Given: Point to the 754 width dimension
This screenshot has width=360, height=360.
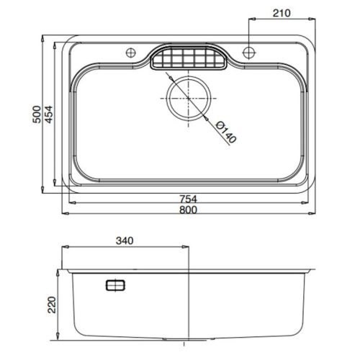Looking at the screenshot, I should pos(189,199).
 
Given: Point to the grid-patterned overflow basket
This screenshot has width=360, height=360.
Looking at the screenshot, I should pos(189,58).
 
